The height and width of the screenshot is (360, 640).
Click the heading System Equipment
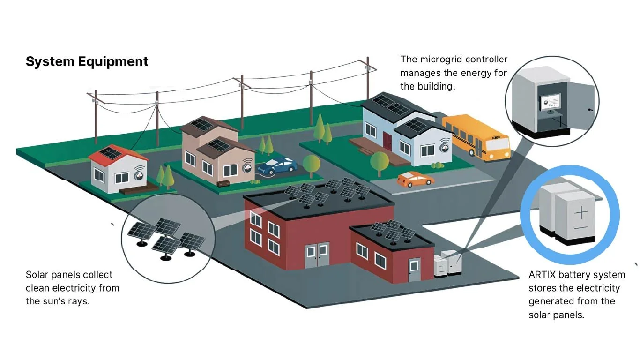tap(87, 61)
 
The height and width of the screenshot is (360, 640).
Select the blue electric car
tap(277, 165)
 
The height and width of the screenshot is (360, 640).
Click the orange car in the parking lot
tap(416, 179)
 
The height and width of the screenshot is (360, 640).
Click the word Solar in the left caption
tap(36, 275)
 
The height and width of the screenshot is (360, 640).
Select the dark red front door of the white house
tap(387, 141)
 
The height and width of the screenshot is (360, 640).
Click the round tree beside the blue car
tap(311, 163)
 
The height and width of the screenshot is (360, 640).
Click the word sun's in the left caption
tap(55, 301)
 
